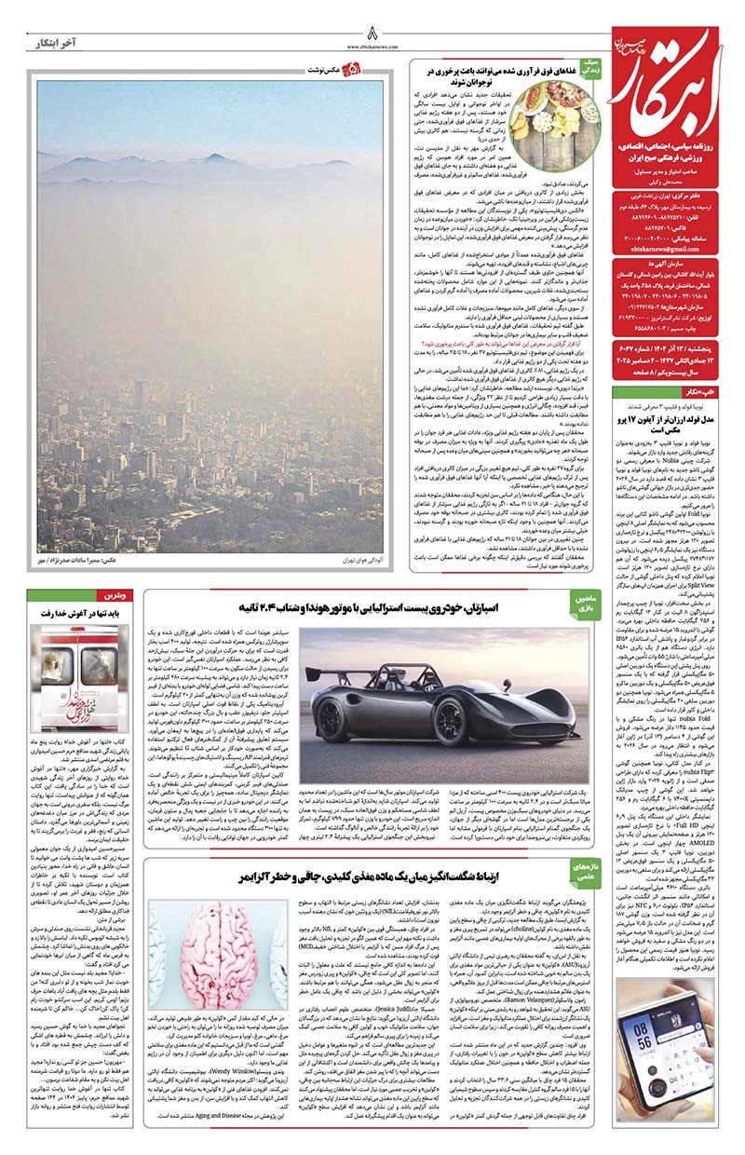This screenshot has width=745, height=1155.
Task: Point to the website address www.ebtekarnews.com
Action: [x=372, y=43]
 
